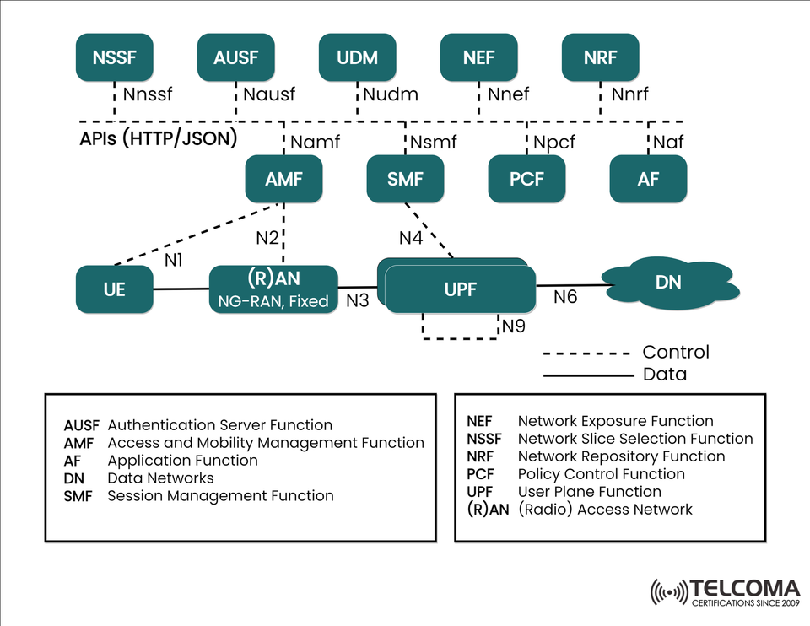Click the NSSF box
point(115,58)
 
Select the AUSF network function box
point(236,58)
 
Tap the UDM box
point(358,58)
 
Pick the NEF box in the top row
point(479,58)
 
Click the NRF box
point(601,58)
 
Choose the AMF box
point(283,179)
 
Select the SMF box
point(405,179)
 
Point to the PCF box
point(526,179)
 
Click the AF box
point(648,179)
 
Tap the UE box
point(115,289)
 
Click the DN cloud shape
point(668,283)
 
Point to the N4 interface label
point(411,238)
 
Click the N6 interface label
point(566,298)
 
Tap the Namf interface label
point(315,143)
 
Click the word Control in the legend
point(676,352)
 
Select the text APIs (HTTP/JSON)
point(159,138)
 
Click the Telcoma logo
point(725,591)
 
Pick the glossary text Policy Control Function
point(601,474)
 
